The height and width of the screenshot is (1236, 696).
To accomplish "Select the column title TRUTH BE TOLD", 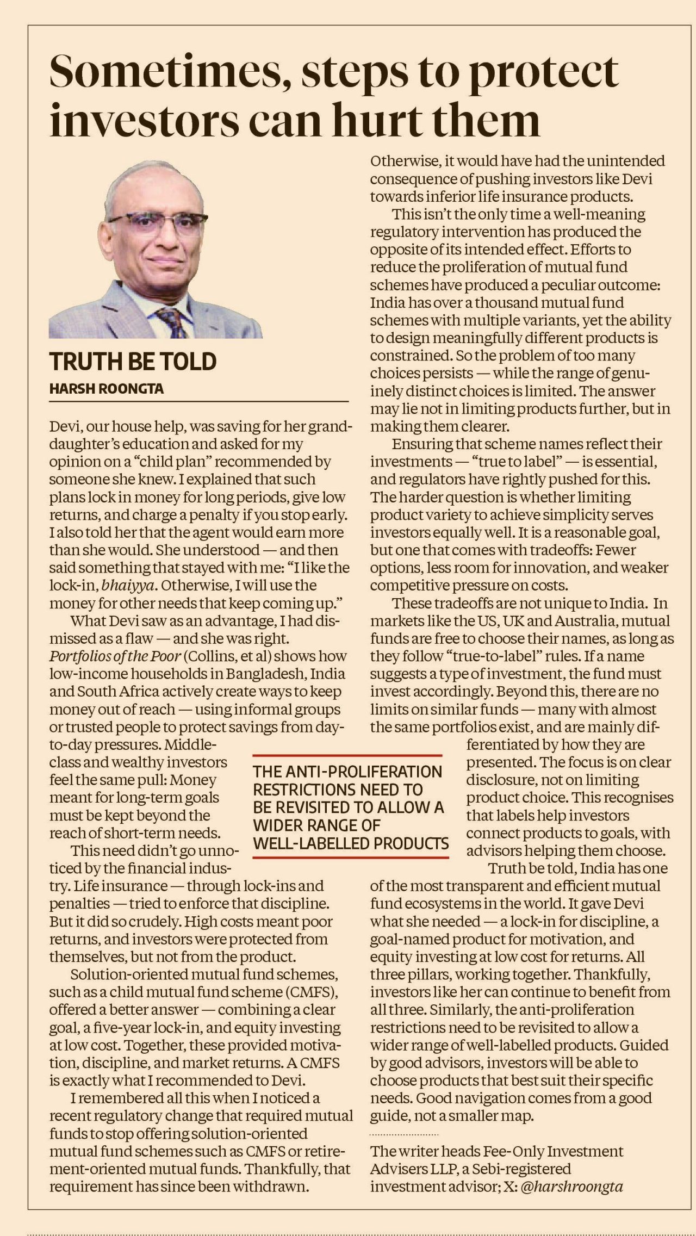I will [133, 362].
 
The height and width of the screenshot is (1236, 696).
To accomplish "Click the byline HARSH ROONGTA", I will [106, 389].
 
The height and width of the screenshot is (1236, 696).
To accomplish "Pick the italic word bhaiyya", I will [128, 586].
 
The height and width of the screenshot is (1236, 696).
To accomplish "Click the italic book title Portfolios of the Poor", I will [115, 656].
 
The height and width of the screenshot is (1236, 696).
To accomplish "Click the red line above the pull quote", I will [347, 755].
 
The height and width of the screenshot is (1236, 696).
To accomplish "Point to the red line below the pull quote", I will [351, 858].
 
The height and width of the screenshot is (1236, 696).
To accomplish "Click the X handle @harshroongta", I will [571, 1187].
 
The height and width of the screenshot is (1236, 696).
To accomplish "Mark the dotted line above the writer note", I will [403, 1135].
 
